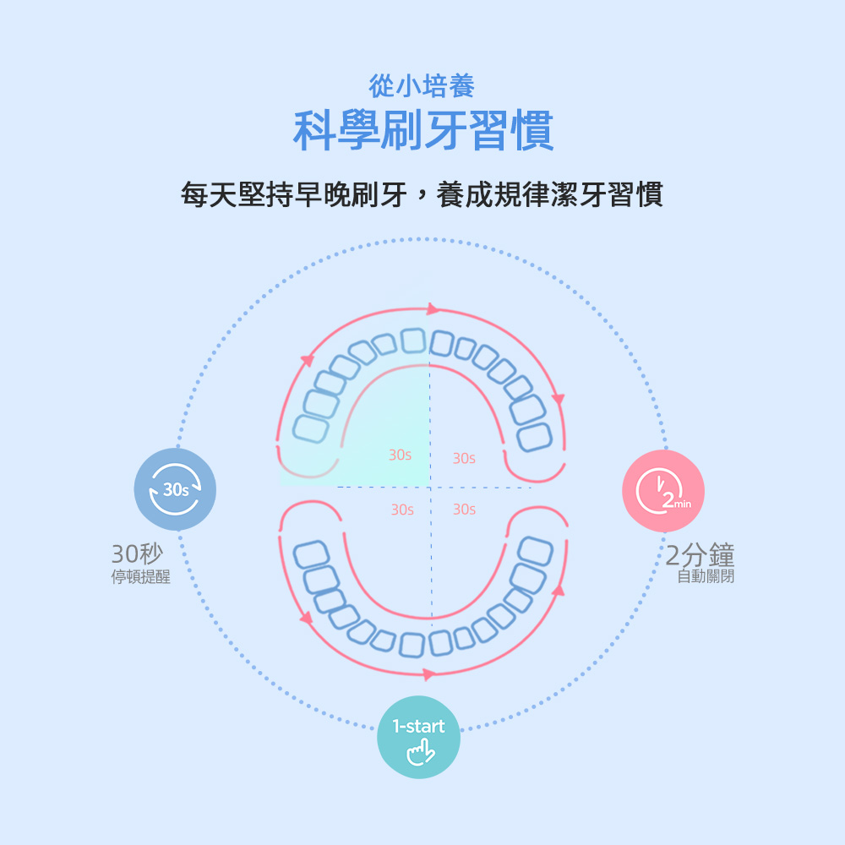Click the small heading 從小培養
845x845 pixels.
[x=422, y=85]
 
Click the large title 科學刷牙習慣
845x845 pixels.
[x=422, y=131]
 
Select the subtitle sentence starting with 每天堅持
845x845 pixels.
[x=422, y=195]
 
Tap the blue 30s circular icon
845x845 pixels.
[x=176, y=489]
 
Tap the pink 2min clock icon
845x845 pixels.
[x=663, y=491]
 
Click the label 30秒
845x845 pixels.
[x=137, y=554]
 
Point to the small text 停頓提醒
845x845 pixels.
[x=141, y=577]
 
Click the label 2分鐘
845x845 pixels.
[x=700, y=555]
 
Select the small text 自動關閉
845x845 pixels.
[x=706, y=576]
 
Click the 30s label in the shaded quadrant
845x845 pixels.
[x=401, y=455]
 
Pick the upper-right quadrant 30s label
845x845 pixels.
[x=464, y=458]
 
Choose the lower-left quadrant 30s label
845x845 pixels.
[x=402, y=510]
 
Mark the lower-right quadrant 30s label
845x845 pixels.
[x=464, y=510]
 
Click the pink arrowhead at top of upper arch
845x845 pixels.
[x=433, y=309]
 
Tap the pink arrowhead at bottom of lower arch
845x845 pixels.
[x=429, y=673]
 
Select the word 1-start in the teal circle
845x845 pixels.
[x=419, y=727]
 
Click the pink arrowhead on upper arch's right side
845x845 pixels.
[x=557, y=398]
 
